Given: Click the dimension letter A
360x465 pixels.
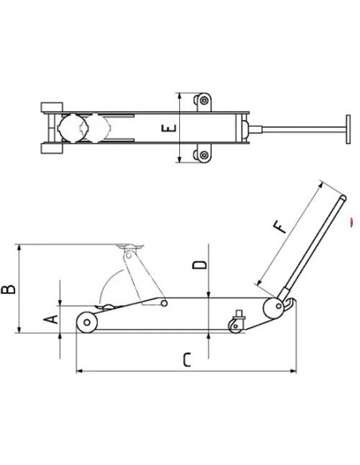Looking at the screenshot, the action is (x=51, y=320).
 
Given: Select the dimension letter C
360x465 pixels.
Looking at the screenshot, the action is (x=187, y=360).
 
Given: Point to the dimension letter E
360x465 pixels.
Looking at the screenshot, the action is (x=169, y=128).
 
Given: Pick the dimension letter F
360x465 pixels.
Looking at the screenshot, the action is (x=280, y=227).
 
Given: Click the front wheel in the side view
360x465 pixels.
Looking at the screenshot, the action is (x=87, y=322).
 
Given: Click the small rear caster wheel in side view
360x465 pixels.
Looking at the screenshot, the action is (x=235, y=326).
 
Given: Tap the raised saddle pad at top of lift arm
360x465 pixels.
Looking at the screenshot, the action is (x=130, y=247).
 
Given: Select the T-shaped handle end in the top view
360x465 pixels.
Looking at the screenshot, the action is (x=348, y=129).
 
